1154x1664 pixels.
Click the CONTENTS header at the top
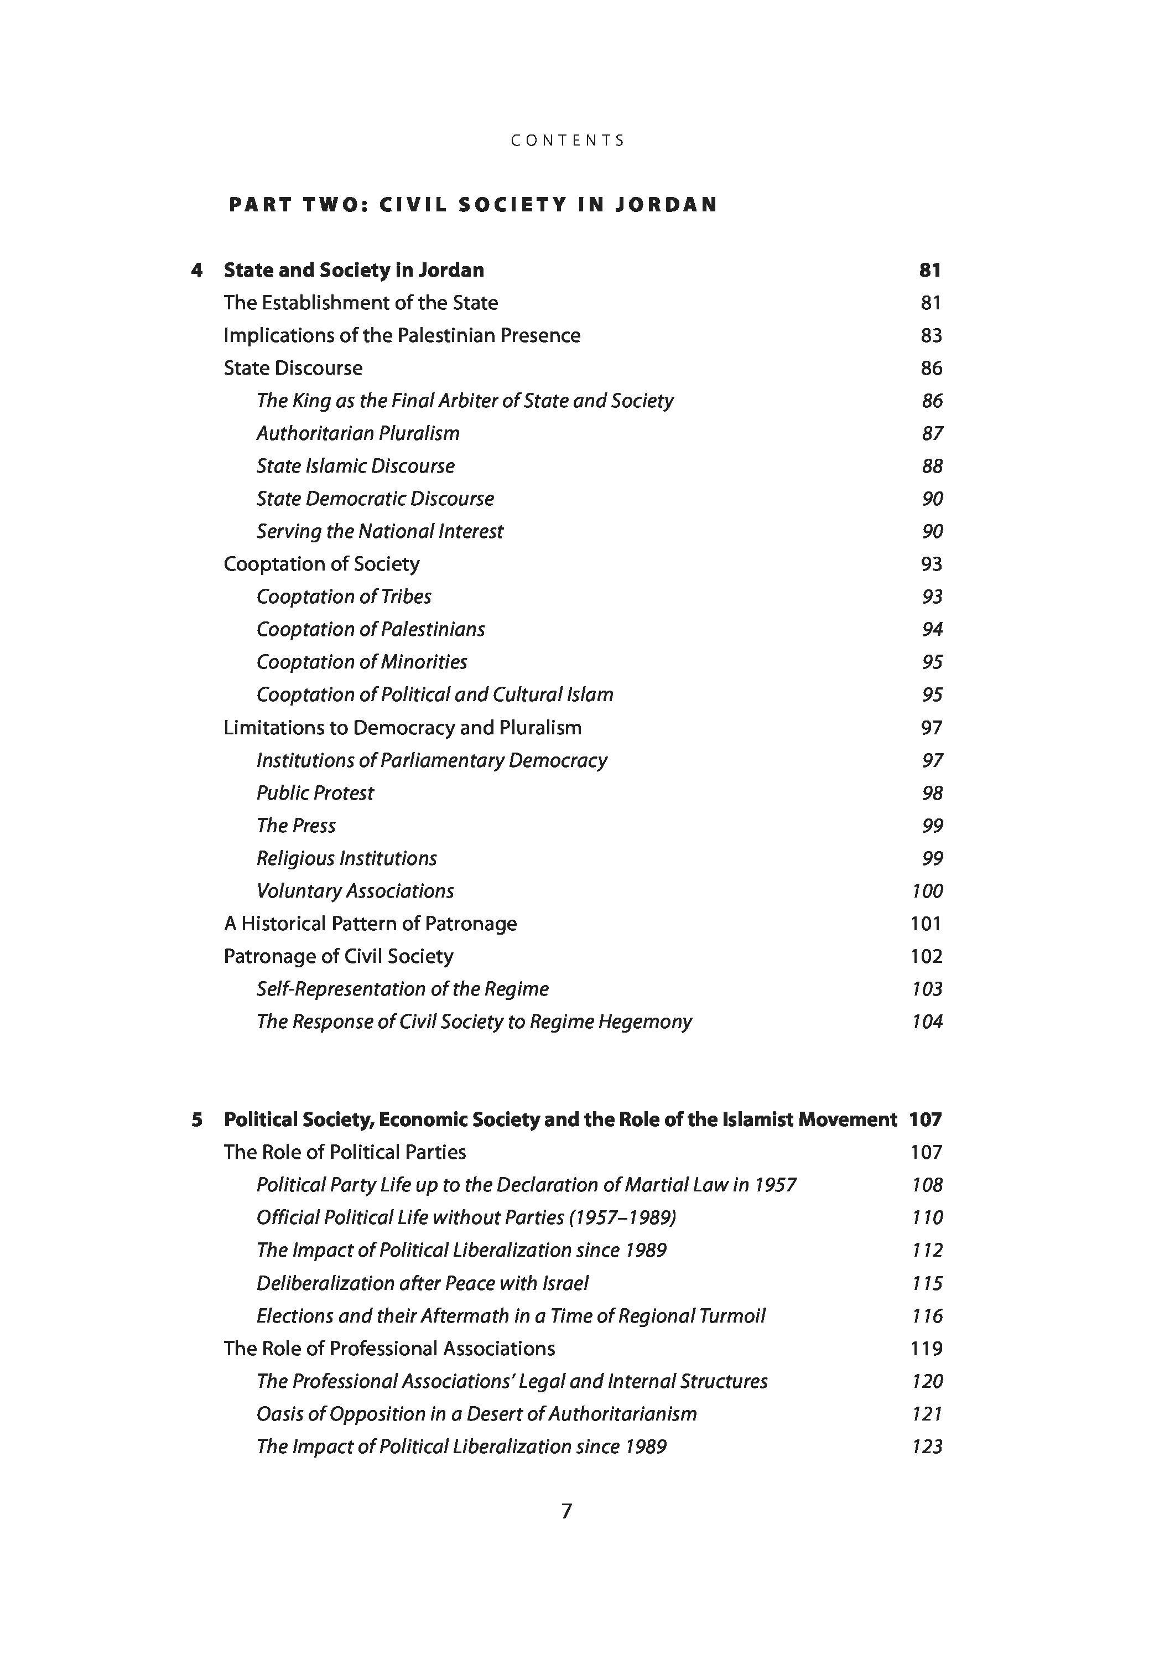tap(568, 141)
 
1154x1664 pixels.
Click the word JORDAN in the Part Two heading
tap(666, 205)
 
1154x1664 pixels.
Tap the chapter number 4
tap(197, 271)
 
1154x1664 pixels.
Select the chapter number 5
tap(197, 1119)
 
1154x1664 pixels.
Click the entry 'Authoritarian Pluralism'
tap(358, 433)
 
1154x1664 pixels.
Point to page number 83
tap(931, 335)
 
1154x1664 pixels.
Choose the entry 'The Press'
tap(296, 825)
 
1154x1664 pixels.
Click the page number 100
tap(927, 891)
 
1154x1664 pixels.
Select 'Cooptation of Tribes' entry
tap(344, 597)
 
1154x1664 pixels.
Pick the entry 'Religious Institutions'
tap(346, 858)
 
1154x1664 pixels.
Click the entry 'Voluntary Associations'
tap(355, 891)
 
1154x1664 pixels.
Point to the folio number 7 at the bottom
tap(567, 1511)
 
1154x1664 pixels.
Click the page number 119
tap(926, 1348)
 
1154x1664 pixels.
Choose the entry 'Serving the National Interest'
tap(380, 532)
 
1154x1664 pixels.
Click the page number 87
tap(932, 433)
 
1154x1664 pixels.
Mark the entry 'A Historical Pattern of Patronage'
tap(370, 924)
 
